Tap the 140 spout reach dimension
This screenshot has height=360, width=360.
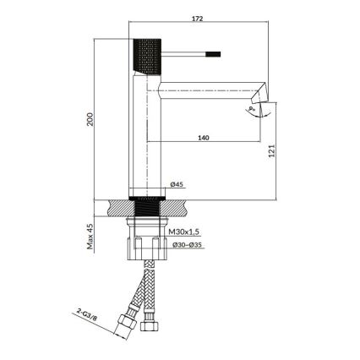(x=204, y=137)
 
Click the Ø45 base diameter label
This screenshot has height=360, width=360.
(x=177, y=183)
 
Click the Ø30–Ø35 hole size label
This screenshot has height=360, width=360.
(x=186, y=245)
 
